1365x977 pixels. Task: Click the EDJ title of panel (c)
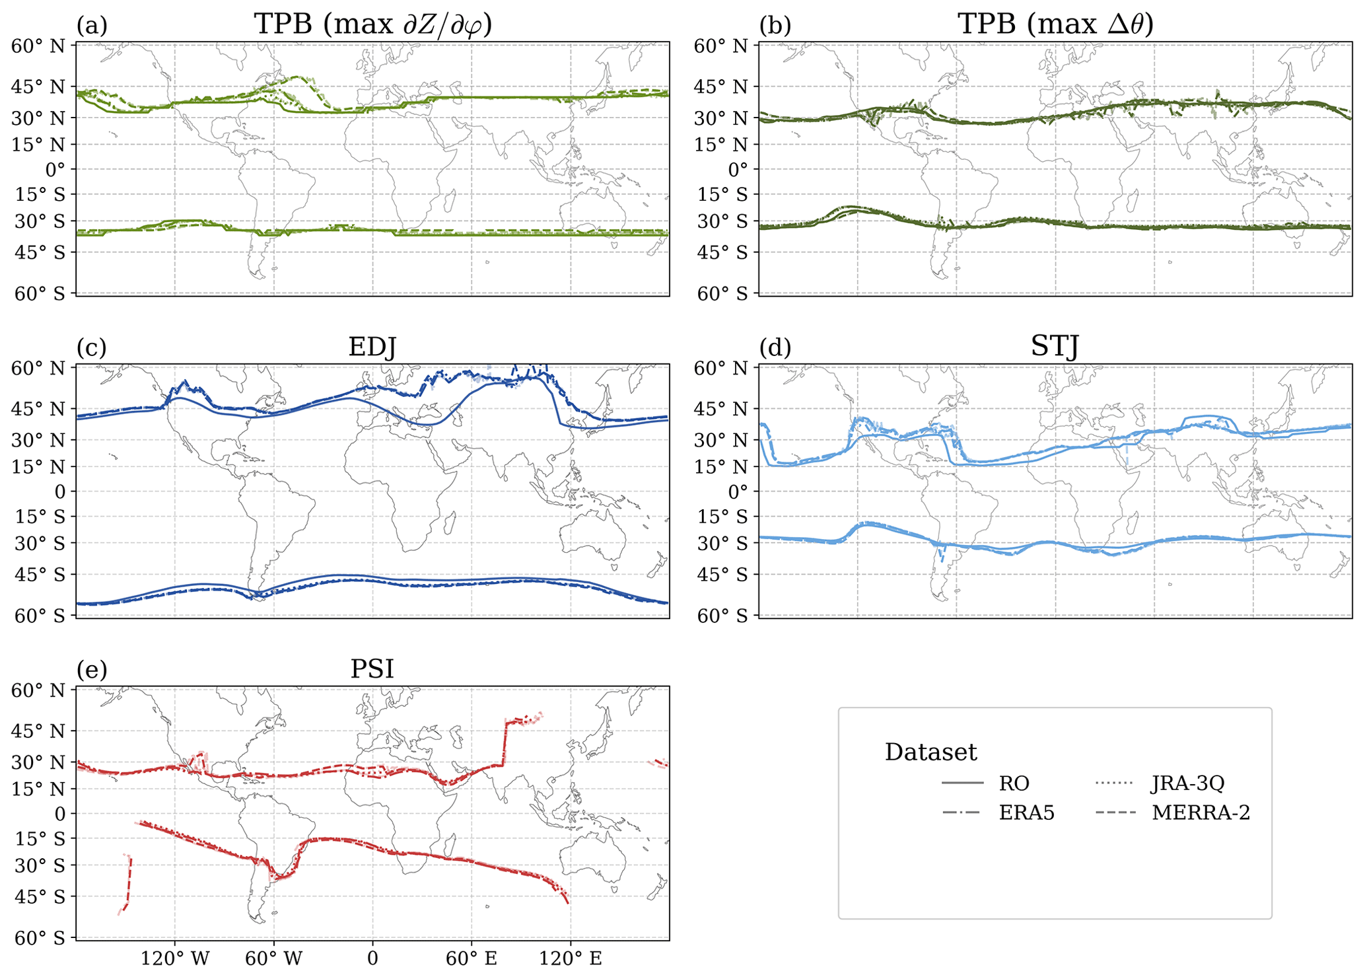click(x=372, y=347)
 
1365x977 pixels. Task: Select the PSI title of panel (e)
click(x=372, y=669)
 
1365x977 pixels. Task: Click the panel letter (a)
click(x=92, y=25)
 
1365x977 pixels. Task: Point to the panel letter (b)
click(x=775, y=25)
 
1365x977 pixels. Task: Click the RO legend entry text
click(x=1014, y=783)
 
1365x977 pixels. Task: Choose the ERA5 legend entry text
click(x=1026, y=813)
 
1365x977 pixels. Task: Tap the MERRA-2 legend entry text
click(x=1201, y=813)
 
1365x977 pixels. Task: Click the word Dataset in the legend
click(x=930, y=752)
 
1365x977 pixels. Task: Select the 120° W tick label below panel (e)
click(x=174, y=959)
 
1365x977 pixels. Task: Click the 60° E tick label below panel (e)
click(x=472, y=959)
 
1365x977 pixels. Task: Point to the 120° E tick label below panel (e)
click(x=571, y=959)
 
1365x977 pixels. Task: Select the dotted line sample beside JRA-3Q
click(x=1114, y=783)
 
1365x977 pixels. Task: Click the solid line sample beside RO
click(x=963, y=783)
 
